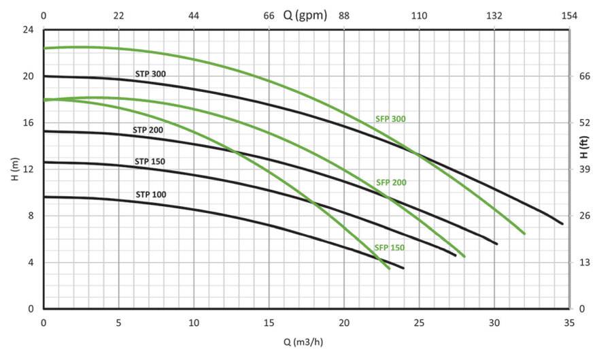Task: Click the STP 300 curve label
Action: pyautogui.click(x=150, y=73)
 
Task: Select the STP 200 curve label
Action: pyautogui.click(x=149, y=129)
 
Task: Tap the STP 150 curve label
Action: pyautogui.click(x=150, y=161)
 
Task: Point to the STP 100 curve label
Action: pyautogui.click(x=150, y=195)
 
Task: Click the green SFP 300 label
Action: pyautogui.click(x=390, y=119)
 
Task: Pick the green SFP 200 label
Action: pyautogui.click(x=391, y=182)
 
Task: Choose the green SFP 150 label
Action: pyautogui.click(x=389, y=248)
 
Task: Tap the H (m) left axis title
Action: pyautogui.click(x=14, y=169)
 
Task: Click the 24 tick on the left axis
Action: pyautogui.click(x=28, y=30)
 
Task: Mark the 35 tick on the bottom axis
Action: pyautogui.click(x=570, y=323)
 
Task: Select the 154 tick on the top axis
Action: pyautogui.click(x=570, y=16)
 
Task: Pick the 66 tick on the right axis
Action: pyautogui.click(x=584, y=76)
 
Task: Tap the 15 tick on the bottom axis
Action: pyautogui.click(x=269, y=323)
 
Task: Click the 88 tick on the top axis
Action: pyautogui.click(x=344, y=16)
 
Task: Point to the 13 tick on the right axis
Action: pyautogui.click(x=584, y=263)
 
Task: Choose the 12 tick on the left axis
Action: pyautogui.click(x=28, y=169)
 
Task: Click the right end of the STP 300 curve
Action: pyautogui.click(x=562, y=223)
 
